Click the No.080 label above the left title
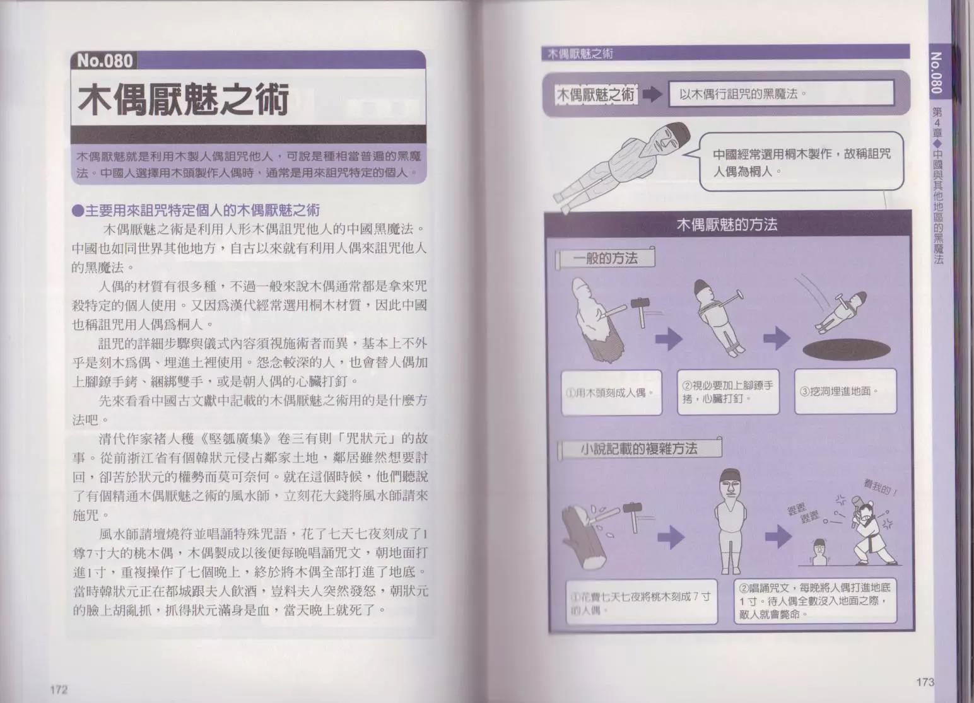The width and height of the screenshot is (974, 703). [105, 61]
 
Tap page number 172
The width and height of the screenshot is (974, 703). [59, 690]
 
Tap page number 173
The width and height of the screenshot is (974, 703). [925, 682]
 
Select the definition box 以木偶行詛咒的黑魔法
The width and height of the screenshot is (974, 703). [781, 94]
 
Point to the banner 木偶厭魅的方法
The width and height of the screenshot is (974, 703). [727, 224]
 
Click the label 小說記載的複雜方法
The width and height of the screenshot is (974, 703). [638, 449]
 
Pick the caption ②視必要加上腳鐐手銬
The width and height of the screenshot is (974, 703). [727, 392]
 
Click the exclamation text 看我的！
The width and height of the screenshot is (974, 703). [883, 489]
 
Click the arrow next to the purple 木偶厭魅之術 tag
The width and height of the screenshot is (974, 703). [652, 95]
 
